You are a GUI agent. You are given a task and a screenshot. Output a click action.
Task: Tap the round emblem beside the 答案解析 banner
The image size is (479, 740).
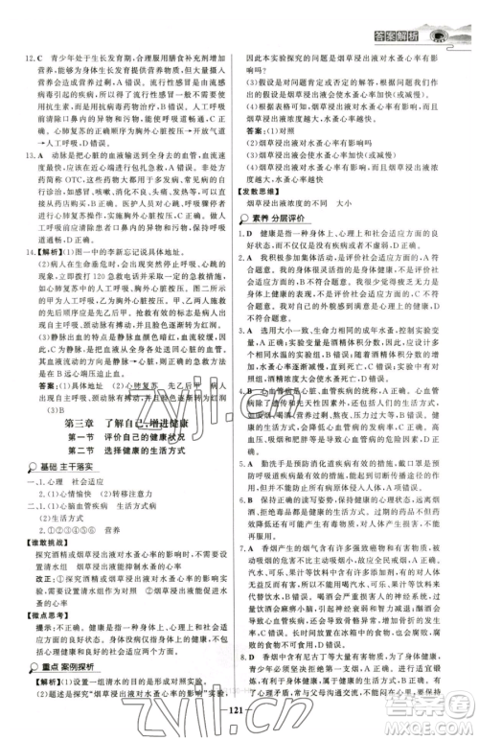pyautogui.click(x=445, y=14)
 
